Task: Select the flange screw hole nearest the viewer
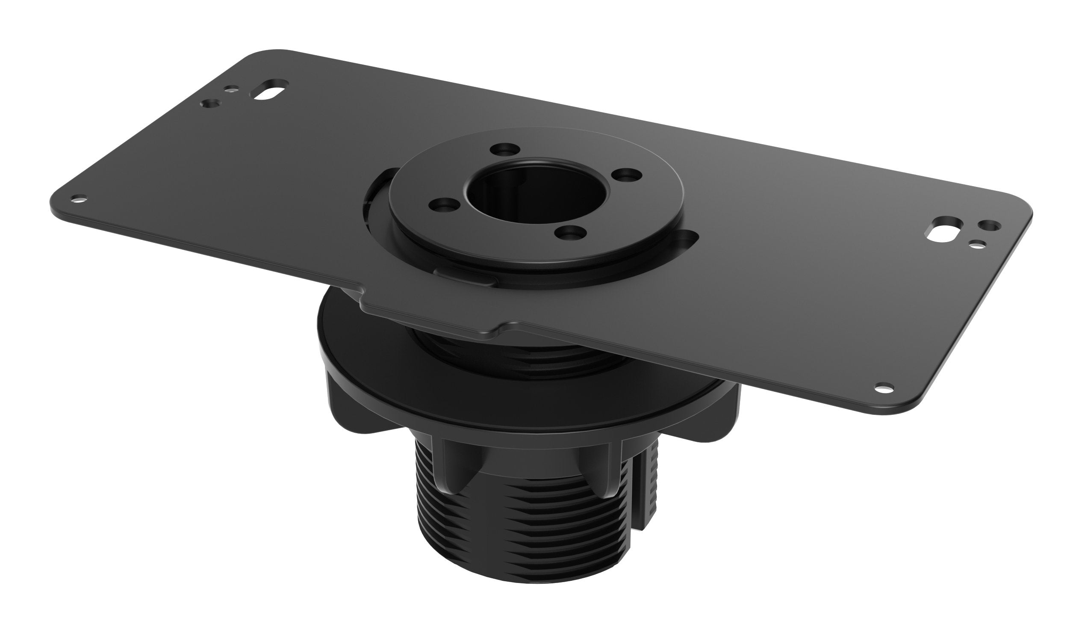click(570, 233)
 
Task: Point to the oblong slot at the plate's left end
click(270, 96)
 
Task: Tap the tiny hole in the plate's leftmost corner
click(79, 198)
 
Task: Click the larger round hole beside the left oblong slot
click(211, 104)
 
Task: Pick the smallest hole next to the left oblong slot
click(232, 90)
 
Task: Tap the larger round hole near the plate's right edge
click(988, 225)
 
